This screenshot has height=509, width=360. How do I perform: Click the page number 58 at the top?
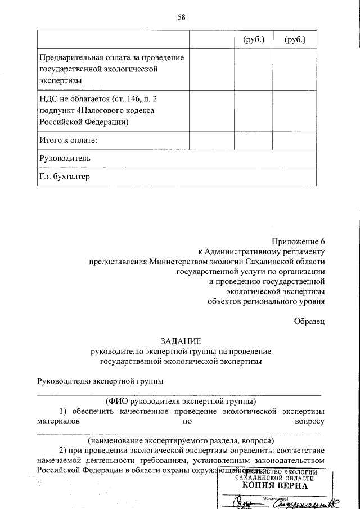[181, 17]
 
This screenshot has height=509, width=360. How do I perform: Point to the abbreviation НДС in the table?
[47, 98]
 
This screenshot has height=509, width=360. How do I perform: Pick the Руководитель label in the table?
[65, 158]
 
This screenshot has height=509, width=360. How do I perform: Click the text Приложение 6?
[299, 240]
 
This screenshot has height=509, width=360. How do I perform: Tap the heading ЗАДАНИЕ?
[180, 341]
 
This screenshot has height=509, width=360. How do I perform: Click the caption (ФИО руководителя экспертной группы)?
[180, 401]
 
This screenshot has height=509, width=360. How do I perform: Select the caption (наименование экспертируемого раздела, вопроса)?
[180, 440]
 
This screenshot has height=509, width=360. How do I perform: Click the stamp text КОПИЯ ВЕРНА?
[275, 485]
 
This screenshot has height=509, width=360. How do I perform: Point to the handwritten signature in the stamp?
[245, 502]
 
